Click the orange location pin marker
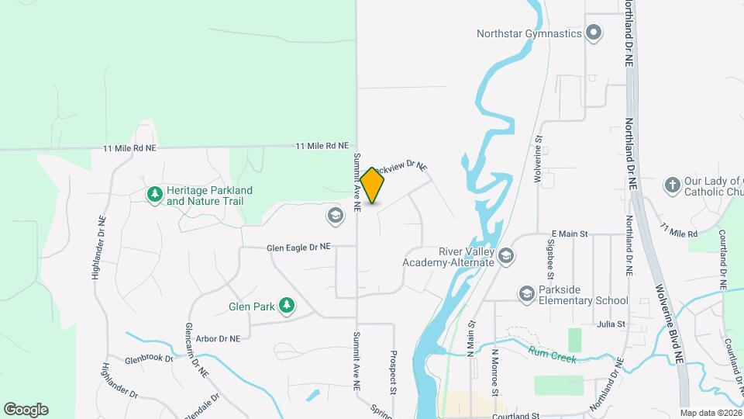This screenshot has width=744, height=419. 373,185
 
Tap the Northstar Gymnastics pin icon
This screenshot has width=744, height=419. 594,33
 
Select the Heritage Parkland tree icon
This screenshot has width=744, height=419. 155,194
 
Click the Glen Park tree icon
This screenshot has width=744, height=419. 288,306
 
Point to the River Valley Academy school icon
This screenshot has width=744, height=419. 506,255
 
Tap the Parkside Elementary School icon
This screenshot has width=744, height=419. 527,294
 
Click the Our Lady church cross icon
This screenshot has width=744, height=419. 673,185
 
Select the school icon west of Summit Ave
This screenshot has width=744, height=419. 336,215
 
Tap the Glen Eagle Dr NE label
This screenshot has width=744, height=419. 298,248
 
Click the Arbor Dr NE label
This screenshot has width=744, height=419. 217,339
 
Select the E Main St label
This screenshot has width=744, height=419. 570,234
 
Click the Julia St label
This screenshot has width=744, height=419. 611,324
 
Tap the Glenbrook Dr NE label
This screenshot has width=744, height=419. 152,361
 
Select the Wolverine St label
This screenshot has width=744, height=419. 538,159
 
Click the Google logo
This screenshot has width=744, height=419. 26,410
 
